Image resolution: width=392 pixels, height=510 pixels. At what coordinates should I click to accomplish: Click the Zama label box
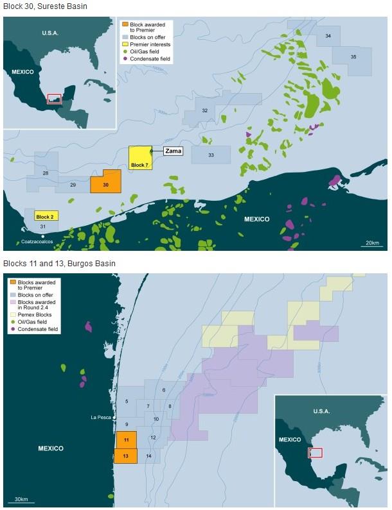click(x=172, y=151)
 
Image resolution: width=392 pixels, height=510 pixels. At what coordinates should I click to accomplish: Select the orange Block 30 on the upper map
click(x=105, y=182)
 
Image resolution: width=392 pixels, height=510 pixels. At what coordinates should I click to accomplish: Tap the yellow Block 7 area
click(x=140, y=158)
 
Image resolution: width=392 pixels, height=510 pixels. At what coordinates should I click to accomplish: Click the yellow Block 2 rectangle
click(x=47, y=216)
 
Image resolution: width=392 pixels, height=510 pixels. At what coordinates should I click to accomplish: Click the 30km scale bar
click(x=21, y=498)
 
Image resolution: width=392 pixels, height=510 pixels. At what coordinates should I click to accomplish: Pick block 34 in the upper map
click(x=328, y=36)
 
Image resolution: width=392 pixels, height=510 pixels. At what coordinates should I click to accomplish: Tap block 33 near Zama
click(x=211, y=155)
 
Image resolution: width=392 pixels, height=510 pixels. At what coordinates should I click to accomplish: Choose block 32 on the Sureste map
click(x=204, y=111)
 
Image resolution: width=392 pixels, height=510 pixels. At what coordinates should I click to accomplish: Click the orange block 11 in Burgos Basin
click(x=127, y=440)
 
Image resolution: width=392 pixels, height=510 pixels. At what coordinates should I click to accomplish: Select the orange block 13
click(x=127, y=455)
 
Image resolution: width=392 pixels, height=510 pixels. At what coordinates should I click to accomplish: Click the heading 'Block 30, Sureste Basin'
click(x=45, y=6)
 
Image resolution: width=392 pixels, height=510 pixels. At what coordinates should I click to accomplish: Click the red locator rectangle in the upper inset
click(x=55, y=99)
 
